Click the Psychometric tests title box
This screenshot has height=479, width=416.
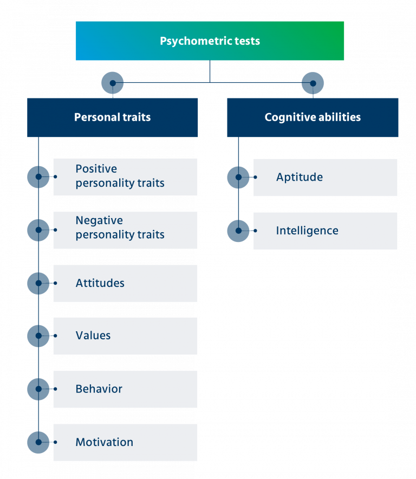click(210, 41)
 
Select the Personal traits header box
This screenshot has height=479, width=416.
click(113, 117)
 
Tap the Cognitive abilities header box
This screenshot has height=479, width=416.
click(313, 117)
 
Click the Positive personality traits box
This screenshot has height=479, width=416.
click(125, 176)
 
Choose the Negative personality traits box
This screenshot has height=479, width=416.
click(125, 229)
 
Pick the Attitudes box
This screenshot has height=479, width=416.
click(125, 283)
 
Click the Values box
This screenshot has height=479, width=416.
click(125, 336)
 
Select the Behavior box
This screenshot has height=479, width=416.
click(125, 389)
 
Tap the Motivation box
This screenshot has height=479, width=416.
click(125, 442)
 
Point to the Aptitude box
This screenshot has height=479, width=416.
click(325, 177)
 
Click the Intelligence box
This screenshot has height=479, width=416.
click(325, 231)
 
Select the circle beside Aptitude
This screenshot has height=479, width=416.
click(238, 177)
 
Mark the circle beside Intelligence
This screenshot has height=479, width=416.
click(238, 231)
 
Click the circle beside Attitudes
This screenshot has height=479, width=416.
click(38, 283)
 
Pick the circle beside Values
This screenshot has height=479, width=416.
click(38, 336)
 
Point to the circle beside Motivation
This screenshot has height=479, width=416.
click(38, 442)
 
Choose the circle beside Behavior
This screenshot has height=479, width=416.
click(38, 389)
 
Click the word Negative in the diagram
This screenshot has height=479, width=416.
click(99, 221)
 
